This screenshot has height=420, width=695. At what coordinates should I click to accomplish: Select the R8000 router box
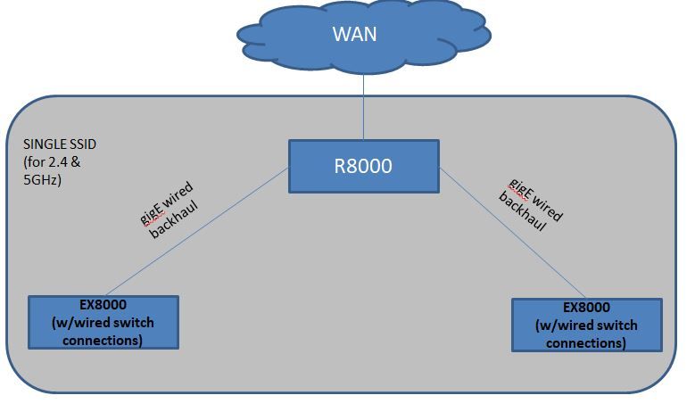363,166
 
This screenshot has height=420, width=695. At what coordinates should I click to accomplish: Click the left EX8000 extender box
103,321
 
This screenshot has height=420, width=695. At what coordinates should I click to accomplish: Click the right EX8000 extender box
586,325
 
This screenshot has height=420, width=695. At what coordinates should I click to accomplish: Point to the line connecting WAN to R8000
364,107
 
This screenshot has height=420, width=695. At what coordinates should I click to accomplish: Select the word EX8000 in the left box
103,305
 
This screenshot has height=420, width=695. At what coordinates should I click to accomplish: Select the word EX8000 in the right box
586,309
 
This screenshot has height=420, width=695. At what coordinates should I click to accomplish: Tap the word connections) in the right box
586,342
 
